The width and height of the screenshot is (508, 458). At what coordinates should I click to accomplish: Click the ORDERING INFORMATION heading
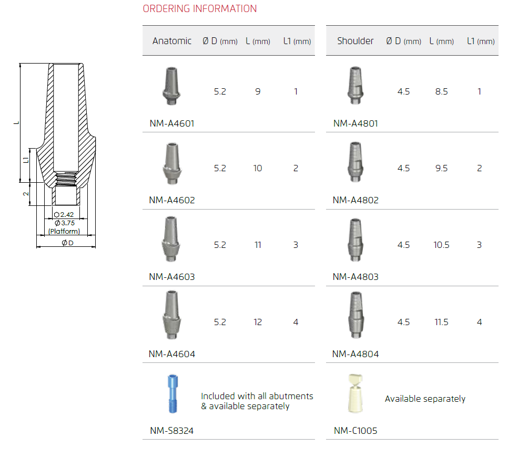point(200,9)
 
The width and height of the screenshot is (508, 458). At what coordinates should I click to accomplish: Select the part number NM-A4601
point(172,123)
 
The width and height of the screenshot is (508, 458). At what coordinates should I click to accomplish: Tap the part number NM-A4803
point(355,277)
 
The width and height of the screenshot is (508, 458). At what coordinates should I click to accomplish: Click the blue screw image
point(172,393)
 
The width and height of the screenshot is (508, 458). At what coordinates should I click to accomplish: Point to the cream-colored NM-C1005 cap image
point(355,393)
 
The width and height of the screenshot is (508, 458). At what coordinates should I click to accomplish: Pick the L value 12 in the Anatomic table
point(258,322)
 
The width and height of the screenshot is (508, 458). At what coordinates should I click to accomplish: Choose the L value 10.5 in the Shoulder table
point(441,245)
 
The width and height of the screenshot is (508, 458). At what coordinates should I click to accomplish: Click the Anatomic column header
point(172,41)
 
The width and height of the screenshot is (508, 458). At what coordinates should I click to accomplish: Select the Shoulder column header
point(355,41)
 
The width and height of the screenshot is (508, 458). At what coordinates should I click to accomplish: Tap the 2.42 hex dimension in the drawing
point(64,215)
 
